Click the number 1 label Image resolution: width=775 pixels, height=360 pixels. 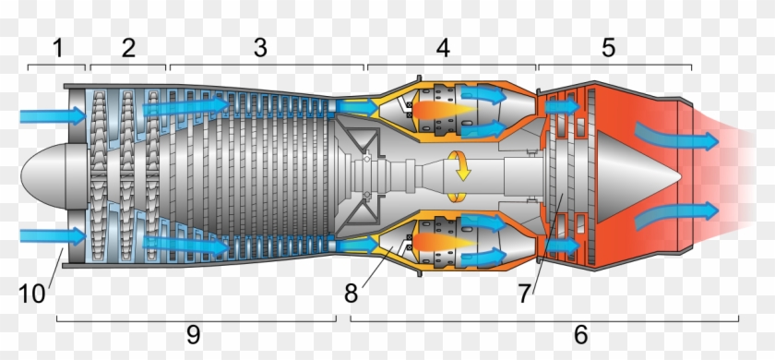tap(58, 47)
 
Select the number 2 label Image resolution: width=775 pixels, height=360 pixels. tap(128, 47)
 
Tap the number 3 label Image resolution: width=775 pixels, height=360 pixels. tap(261, 47)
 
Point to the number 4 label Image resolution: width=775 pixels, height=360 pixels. tap(444, 47)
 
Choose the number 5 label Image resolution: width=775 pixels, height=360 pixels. tap(608, 47)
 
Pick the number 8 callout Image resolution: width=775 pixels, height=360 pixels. tap(350, 294)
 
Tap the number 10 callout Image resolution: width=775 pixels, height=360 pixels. tap(33, 294)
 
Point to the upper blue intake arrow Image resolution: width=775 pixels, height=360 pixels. tap(52, 116)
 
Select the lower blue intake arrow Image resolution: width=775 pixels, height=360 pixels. tap(52, 235)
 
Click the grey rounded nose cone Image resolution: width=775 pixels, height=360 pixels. tap(42, 175)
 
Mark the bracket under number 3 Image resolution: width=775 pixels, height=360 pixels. tap(267, 67)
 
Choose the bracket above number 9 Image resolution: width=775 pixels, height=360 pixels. tap(196, 318)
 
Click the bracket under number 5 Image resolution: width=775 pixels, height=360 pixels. tap(614, 67)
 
